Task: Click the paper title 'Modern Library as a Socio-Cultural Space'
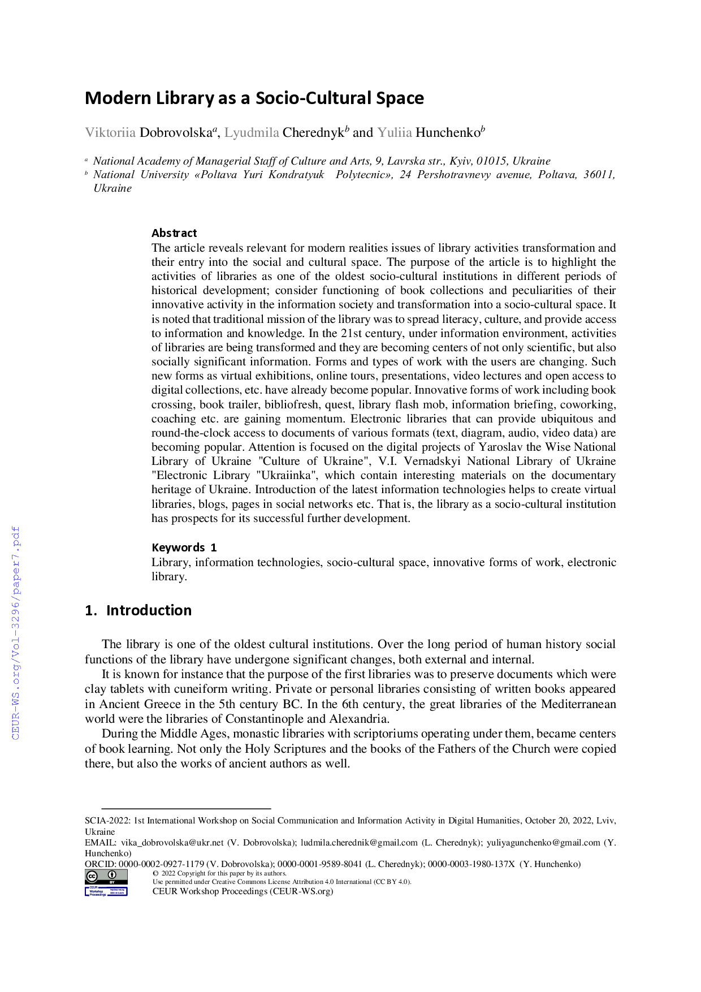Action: pos(254,98)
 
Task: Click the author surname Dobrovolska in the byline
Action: pos(175,133)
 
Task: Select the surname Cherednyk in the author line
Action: pos(313,133)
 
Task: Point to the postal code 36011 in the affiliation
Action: pos(598,175)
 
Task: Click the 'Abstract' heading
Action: pos(174,233)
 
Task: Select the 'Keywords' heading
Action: pos(178,547)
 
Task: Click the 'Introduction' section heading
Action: pos(149,611)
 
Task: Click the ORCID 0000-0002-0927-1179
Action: pos(161,864)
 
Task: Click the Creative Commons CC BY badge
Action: pos(106,877)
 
